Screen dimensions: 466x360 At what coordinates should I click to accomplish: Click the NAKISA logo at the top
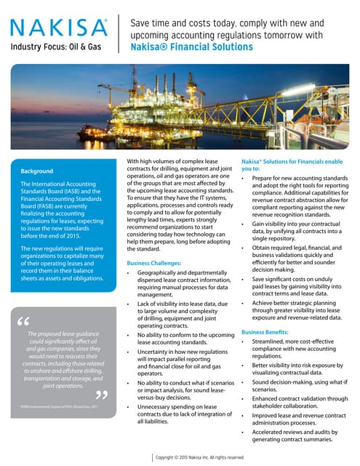click(x=57, y=28)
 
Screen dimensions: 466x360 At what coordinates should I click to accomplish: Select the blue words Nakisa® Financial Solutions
click(x=191, y=47)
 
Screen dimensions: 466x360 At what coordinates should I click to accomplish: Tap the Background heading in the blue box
click(x=43, y=171)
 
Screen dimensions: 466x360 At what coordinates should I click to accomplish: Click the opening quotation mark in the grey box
click(x=24, y=322)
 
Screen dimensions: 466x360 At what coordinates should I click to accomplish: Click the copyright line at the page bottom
click(x=199, y=457)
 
